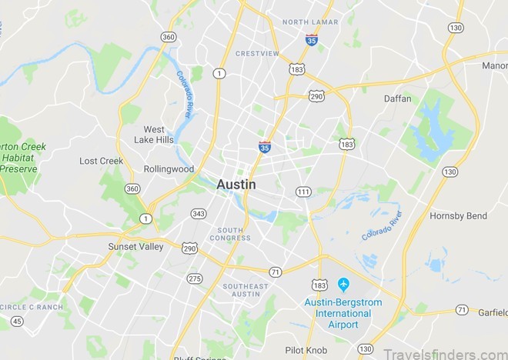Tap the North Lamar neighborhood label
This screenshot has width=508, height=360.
[310, 22]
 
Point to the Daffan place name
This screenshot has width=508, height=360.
[397, 98]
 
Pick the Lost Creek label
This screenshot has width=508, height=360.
[101, 161]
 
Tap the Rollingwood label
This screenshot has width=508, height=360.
[169, 169]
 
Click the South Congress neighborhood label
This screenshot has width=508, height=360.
[231, 234]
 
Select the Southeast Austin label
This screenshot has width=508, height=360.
[246, 291]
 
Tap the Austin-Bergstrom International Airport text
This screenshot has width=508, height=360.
[343, 314]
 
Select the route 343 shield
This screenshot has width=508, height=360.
[199, 213]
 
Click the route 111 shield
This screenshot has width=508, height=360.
[303, 191]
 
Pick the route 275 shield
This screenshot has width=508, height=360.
[195, 278]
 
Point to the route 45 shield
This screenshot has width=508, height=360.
[17, 322]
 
